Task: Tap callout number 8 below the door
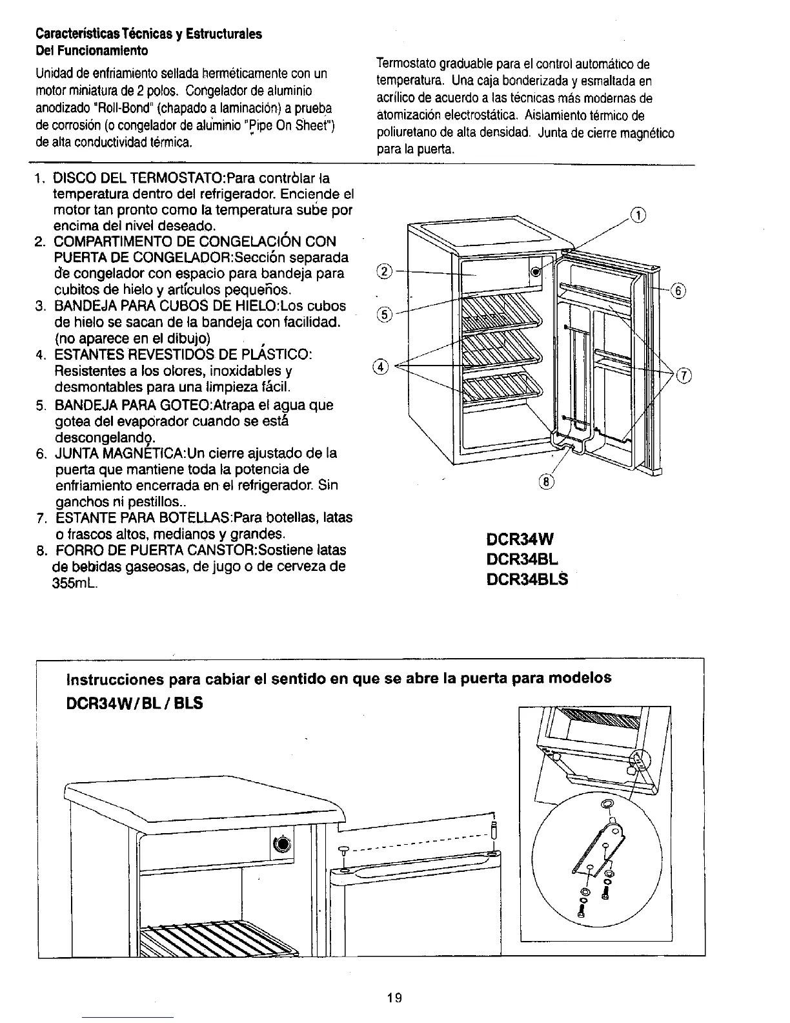point(545,480)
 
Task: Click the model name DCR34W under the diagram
point(520,539)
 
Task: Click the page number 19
point(394,998)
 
